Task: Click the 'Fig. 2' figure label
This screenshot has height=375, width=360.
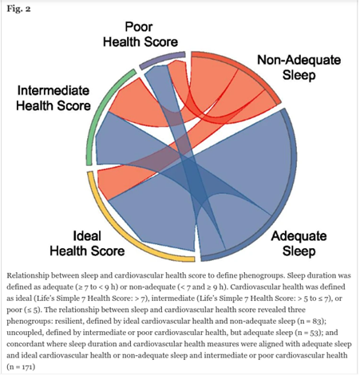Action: (x=18, y=9)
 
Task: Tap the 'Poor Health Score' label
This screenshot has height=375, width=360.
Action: (x=140, y=34)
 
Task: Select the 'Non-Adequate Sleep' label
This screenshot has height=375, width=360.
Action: (x=299, y=67)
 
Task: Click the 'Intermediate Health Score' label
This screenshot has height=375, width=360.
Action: (x=53, y=98)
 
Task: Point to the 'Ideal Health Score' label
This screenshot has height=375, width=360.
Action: (x=87, y=243)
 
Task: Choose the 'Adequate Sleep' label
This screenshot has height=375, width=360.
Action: (x=299, y=243)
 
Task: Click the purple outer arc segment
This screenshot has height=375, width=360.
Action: (x=161, y=59)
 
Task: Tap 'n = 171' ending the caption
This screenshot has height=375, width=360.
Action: (x=21, y=367)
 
